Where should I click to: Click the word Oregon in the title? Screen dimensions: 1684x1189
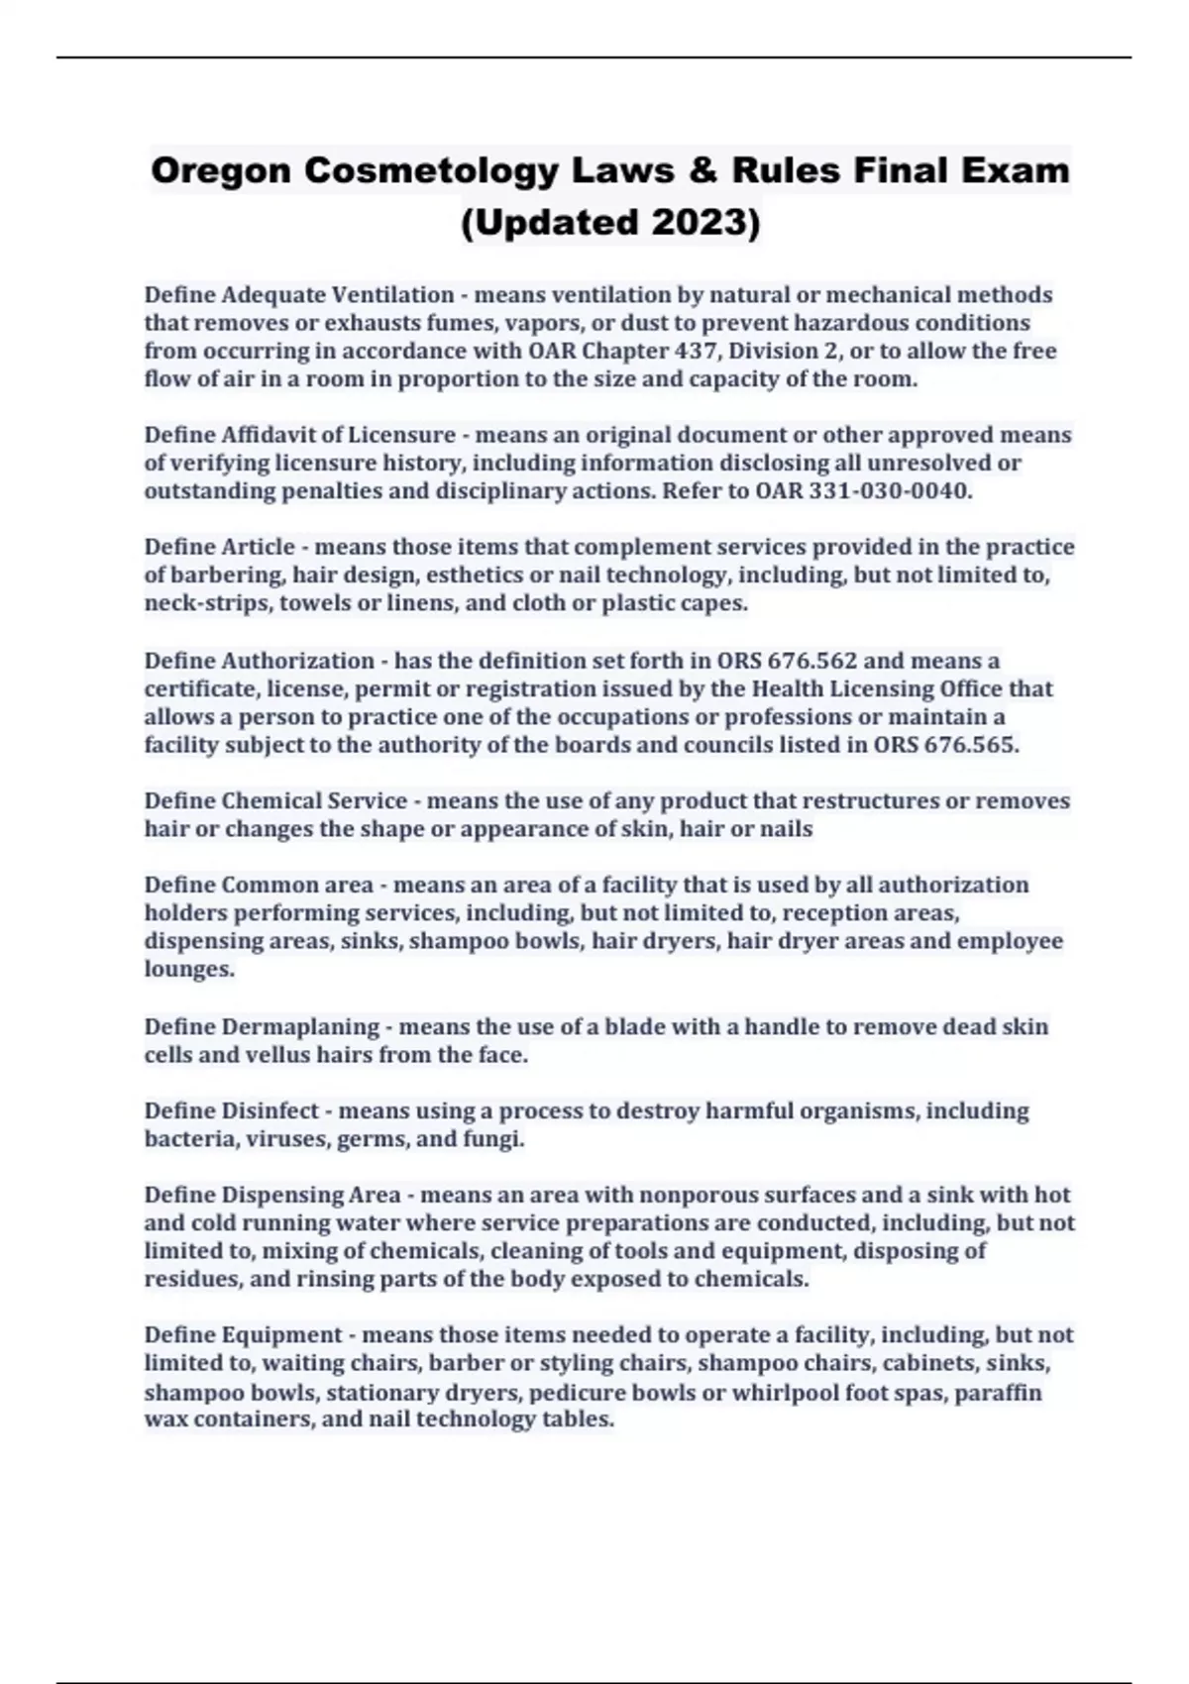coord(220,170)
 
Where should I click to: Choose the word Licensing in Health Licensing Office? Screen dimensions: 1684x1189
coord(870,688)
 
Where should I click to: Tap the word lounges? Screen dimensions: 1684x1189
coord(189,969)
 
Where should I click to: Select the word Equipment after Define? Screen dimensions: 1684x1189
coord(282,1335)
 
